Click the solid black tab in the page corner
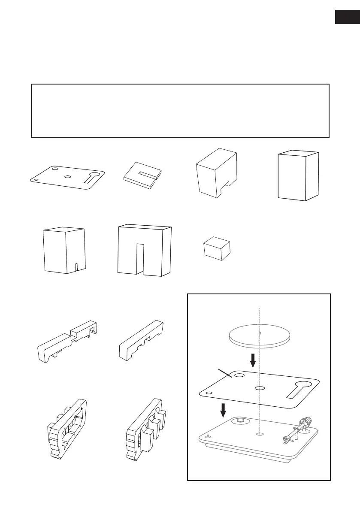346,18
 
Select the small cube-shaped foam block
217,248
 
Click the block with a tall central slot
144,250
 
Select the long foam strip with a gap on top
69,339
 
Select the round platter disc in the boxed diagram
259,336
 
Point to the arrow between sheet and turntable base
223,409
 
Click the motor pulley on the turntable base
237,422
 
